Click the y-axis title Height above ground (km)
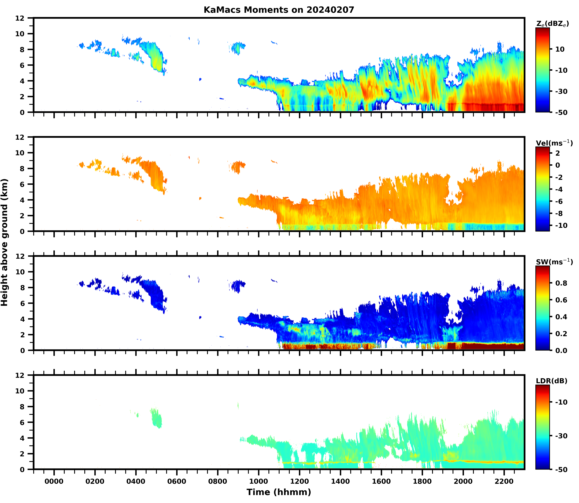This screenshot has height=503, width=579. pos(4,242)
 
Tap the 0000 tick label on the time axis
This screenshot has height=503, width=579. pos(54,481)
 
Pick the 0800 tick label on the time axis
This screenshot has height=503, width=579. pos(217,481)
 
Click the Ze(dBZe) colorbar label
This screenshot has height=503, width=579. pos(552,24)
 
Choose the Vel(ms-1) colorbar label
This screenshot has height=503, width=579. pos(554,143)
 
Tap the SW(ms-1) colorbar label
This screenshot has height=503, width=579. pos(554,262)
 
